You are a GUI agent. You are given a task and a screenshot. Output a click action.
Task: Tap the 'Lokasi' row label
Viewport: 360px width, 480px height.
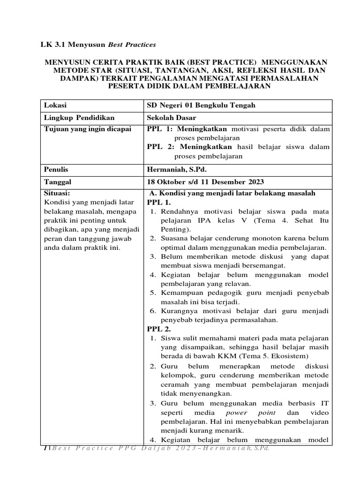tap(53, 105)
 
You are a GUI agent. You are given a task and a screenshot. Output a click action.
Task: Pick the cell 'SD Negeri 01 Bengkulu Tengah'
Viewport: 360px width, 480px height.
tap(201, 105)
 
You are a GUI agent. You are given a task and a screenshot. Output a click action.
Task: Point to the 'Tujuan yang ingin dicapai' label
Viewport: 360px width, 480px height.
tap(88, 129)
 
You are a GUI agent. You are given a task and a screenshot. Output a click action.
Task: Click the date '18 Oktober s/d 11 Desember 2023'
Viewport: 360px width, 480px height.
tap(206, 182)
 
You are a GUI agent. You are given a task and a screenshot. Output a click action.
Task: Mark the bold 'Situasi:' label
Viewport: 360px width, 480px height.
tap(56, 193)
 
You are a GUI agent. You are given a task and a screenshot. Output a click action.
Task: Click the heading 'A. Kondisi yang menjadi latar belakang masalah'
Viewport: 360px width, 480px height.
tap(232, 193)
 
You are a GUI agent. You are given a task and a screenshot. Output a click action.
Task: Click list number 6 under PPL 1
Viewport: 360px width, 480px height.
tap(152, 311)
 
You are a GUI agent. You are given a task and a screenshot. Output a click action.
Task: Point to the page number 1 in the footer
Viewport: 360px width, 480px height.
tap(45, 449)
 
